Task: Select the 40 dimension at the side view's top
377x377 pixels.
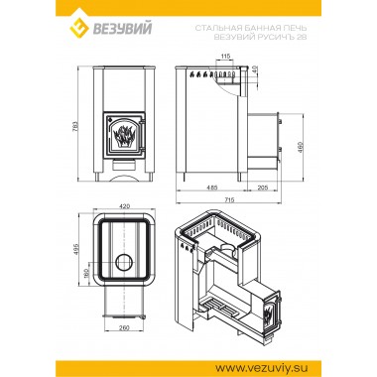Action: (253, 67)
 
